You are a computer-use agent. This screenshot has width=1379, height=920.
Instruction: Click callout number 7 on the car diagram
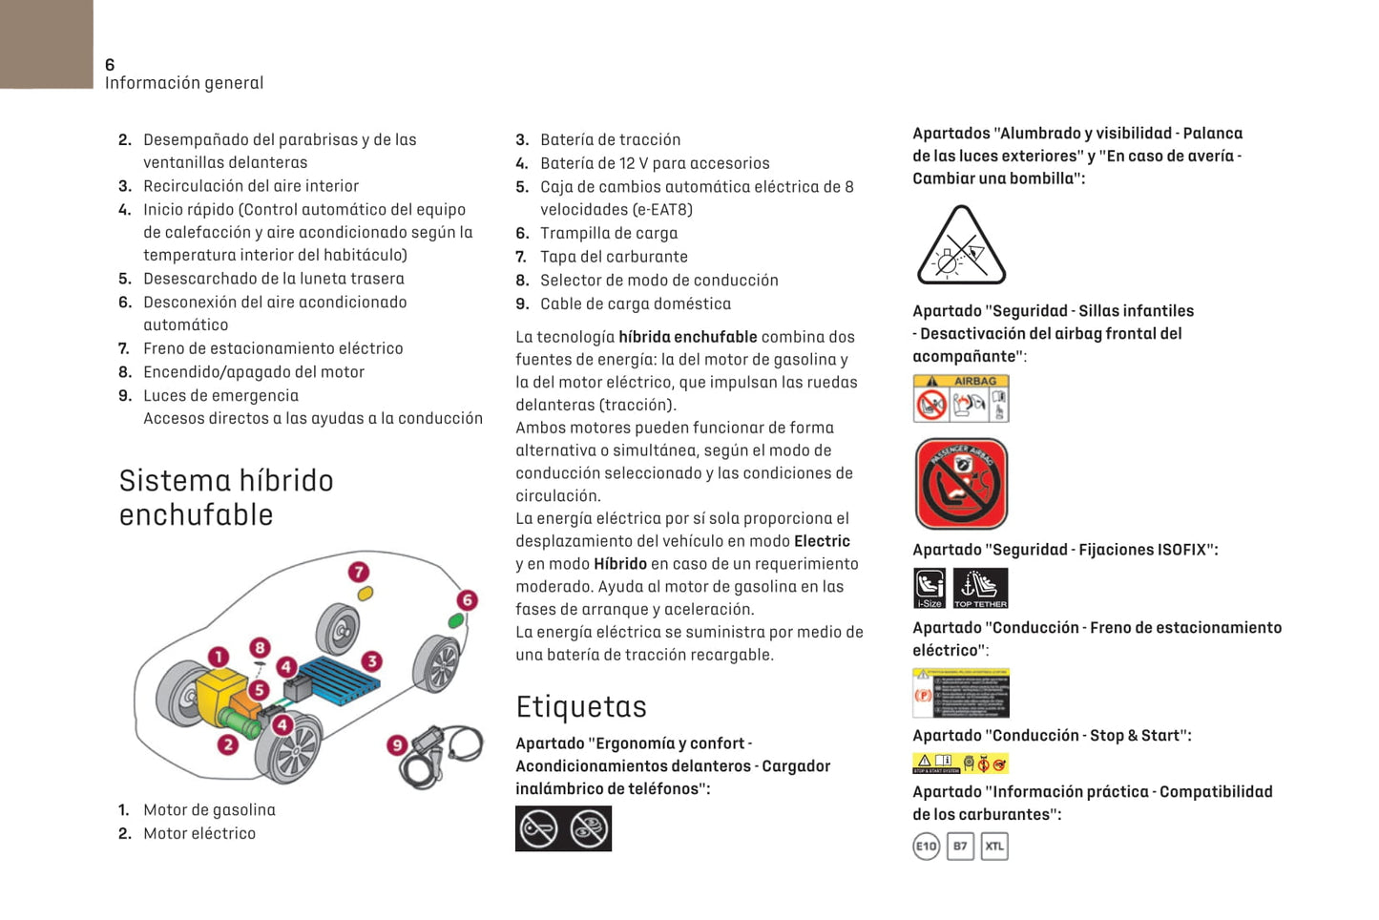359,573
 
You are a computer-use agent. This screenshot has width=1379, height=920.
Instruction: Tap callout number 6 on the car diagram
467,600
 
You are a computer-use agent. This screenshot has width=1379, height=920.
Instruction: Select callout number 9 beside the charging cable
397,745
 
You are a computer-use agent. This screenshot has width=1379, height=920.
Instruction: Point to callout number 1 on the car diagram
219,657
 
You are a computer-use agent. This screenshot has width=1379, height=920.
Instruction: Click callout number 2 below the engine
227,744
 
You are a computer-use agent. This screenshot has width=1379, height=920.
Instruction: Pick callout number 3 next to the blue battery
371,660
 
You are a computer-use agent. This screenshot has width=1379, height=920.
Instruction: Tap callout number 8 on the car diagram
260,648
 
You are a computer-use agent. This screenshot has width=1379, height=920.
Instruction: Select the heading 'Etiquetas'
581,707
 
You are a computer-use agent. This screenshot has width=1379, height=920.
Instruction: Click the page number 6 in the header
110,65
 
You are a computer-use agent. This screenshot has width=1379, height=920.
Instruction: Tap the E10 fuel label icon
926,847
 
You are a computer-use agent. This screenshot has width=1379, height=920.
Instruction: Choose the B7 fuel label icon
960,847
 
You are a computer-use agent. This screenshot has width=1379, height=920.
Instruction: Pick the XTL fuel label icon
994,847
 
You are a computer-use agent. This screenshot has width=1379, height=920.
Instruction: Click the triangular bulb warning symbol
961,247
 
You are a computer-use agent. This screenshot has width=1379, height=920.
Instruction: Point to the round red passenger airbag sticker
961,484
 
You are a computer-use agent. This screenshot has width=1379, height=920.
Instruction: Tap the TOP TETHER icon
980,588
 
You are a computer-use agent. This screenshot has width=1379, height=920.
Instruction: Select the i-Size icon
930,588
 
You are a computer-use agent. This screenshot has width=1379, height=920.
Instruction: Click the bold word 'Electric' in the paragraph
822,541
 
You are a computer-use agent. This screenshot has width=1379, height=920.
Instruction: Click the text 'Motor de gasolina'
209,810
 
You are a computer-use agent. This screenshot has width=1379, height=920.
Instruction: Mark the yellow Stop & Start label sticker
960,763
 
